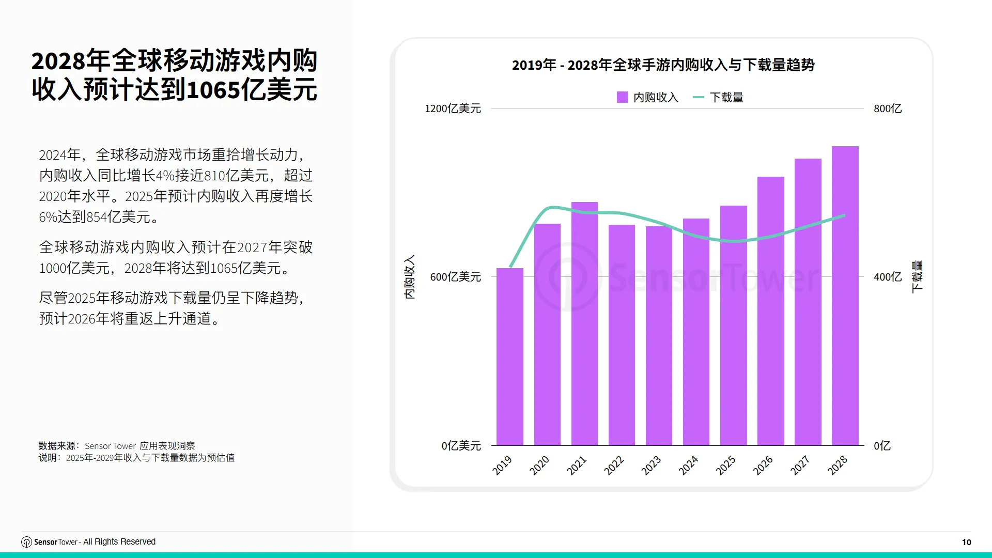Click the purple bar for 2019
click(x=510, y=357)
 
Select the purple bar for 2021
click(x=584, y=323)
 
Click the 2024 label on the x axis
click(x=688, y=466)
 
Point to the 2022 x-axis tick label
click(x=614, y=466)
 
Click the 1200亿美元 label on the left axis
click(x=453, y=109)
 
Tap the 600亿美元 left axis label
click(x=455, y=277)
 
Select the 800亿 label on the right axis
click(x=888, y=109)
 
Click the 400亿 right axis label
click(x=888, y=277)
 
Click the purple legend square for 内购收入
click(x=622, y=97)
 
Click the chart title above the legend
click(x=663, y=65)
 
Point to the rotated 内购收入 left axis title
click(x=409, y=277)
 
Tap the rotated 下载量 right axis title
click(x=917, y=277)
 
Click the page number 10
click(x=966, y=542)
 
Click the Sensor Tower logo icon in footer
click(x=26, y=542)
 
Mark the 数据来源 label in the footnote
click(x=57, y=446)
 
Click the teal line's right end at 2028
click(x=844, y=216)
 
